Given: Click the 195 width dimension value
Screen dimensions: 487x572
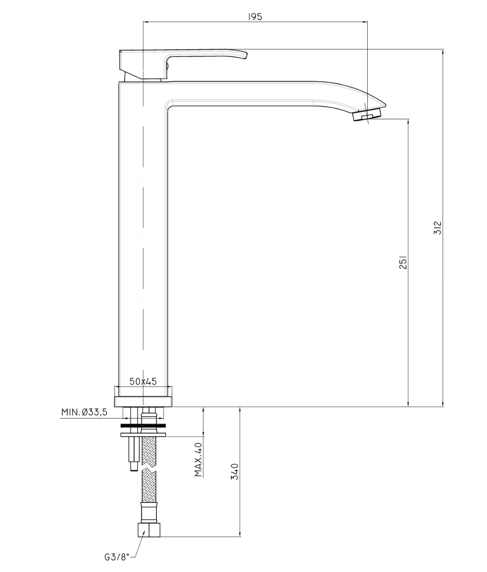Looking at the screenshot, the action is coord(255,17).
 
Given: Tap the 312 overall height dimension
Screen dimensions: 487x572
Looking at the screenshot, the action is coord(438,228).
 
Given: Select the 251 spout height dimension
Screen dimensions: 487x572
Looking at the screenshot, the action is coord(403,262).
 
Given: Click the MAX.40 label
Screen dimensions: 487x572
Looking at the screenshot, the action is coord(198,460).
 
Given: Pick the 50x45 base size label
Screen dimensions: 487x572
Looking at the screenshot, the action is coord(143,381).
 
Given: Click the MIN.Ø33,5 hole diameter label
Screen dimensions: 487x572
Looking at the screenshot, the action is coord(84,412).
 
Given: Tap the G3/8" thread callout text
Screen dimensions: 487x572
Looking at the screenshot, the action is coord(117,557).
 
